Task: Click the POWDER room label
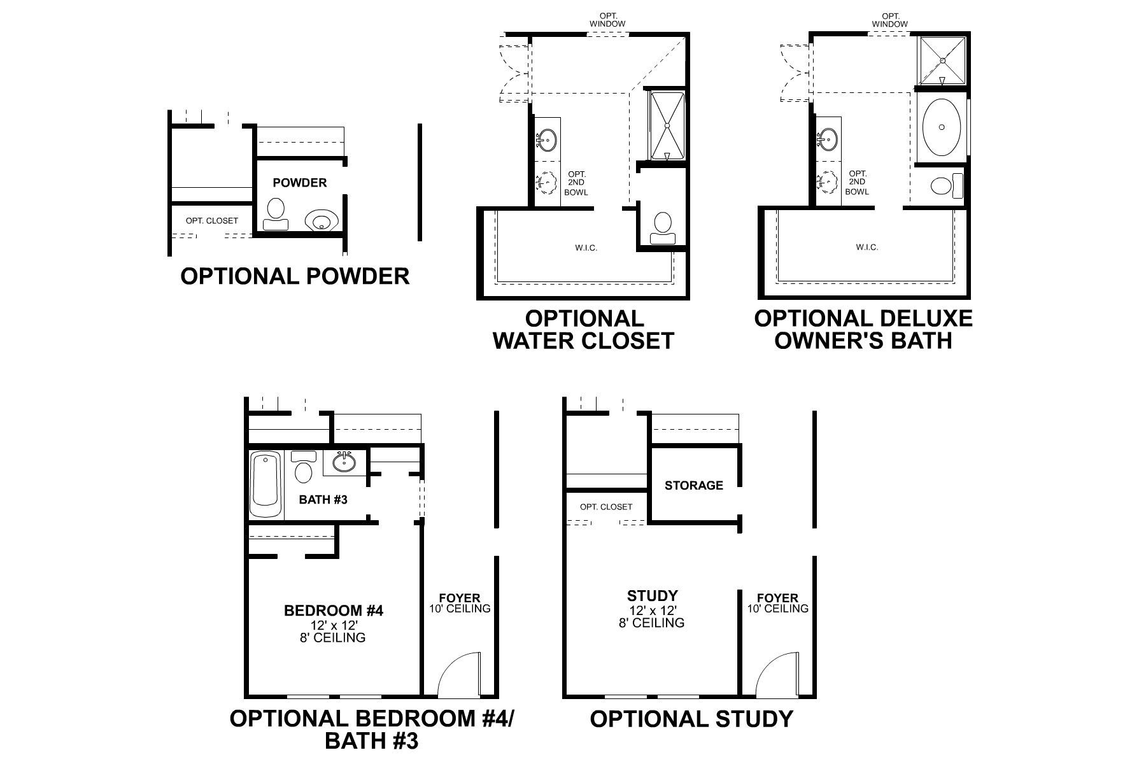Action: pos(299,183)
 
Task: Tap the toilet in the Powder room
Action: pos(276,213)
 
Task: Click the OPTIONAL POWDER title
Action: pos(295,276)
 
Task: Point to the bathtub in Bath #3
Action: pos(265,485)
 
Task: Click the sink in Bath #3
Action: pos(344,462)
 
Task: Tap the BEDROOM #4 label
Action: pos(334,611)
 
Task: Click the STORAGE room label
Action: pos(693,485)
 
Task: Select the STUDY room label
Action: pos(652,596)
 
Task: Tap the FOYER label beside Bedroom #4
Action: pos(460,598)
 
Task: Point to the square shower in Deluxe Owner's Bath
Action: pos(942,60)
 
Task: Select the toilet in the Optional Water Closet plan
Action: pos(663,228)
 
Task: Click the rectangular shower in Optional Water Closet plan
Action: pos(667,125)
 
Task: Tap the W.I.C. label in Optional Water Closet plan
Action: pos(586,248)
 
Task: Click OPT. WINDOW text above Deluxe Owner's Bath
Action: pos(889,20)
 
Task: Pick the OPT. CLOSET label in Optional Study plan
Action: pos(605,507)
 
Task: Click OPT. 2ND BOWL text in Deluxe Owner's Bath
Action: pos(858,183)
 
